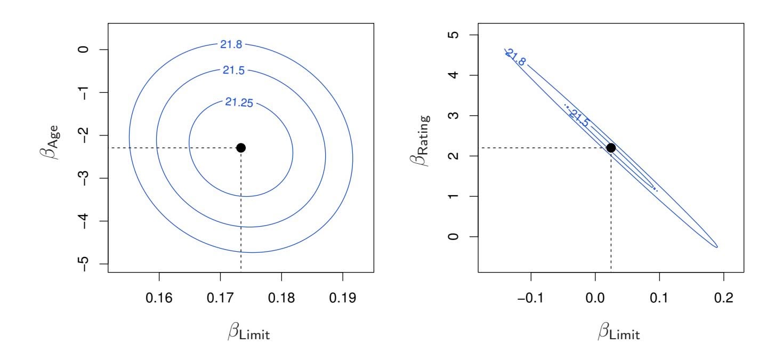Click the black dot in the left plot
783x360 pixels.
click(240, 148)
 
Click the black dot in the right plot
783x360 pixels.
click(611, 148)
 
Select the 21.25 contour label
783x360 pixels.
click(239, 103)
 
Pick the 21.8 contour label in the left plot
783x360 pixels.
click(231, 45)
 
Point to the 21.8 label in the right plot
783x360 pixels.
click(515, 57)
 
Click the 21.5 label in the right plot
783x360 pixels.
click(578, 118)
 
